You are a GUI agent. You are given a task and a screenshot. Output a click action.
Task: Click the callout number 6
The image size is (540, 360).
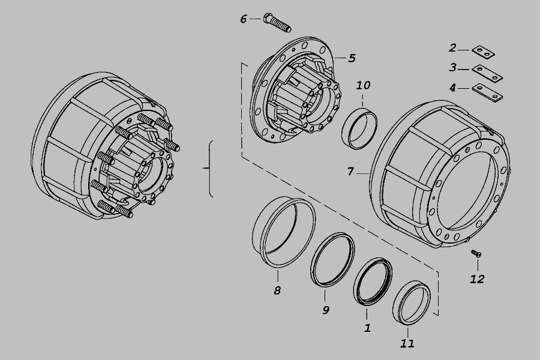[x=244, y=19]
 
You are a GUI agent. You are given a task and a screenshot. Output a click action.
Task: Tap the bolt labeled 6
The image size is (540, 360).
[x=277, y=22]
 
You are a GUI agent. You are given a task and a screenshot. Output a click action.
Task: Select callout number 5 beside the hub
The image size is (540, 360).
[x=352, y=58]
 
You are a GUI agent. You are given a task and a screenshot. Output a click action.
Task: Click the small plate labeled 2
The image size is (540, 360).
[x=483, y=52]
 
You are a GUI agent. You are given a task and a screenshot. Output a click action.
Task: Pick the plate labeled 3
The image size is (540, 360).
[x=487, y=73]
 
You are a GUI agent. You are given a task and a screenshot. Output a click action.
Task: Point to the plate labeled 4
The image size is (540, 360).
[x=487, y=92]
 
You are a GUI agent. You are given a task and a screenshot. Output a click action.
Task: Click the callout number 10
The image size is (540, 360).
[x=363, y=85]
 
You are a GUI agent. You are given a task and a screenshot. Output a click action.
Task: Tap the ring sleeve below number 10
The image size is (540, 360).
[x=359, y=128]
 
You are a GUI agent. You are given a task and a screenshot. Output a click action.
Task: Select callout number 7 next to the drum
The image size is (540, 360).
[x=351, y=171]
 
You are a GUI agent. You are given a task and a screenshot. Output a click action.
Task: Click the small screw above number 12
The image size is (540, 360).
[x=476, y=254]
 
